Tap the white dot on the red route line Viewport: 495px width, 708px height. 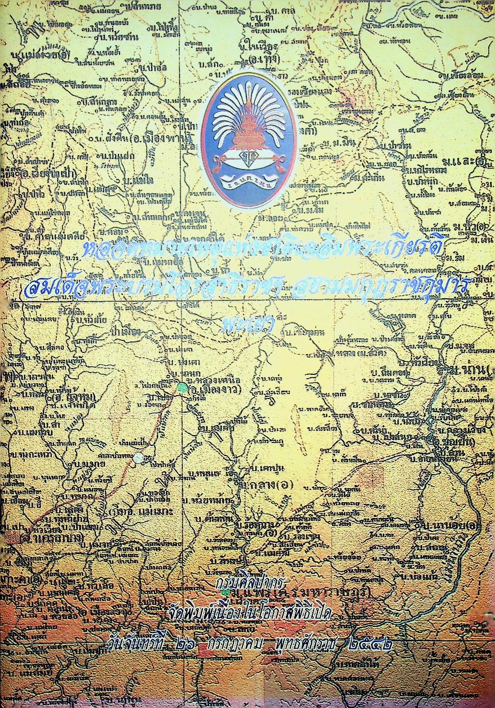click(138, 458)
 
